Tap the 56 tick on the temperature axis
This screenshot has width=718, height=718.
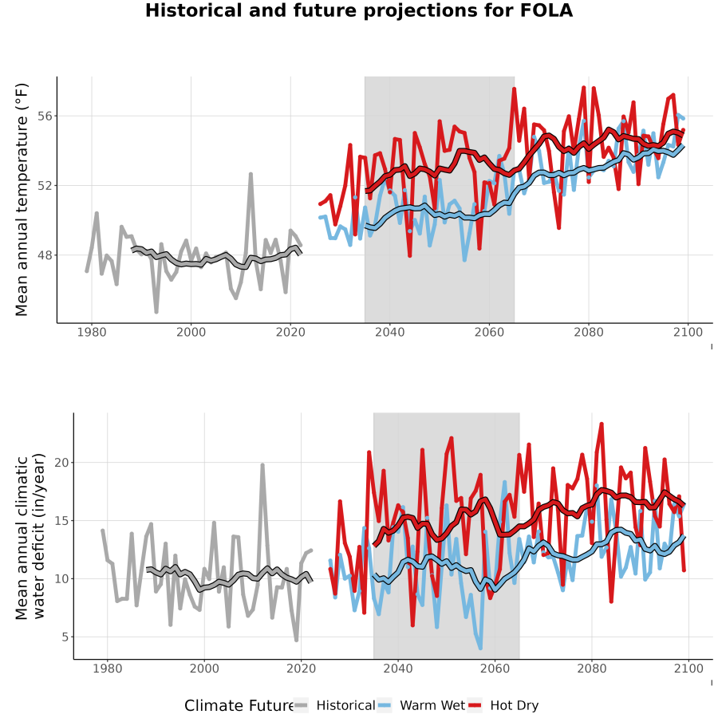click(45, 116)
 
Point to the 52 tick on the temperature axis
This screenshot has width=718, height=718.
click(45, 186)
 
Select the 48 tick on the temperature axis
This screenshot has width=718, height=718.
click(45, 255)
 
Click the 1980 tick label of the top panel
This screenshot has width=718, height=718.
click(92, 332)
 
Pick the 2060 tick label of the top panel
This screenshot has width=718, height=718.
click(489, 332)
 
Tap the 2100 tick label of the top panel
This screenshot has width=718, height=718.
click(688, 332)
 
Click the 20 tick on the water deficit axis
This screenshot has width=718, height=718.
click(61, 463)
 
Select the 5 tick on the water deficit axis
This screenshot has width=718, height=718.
click(65, 637)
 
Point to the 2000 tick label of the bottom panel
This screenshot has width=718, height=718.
click(204, 669)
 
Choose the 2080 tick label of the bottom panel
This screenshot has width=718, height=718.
click(592, 669)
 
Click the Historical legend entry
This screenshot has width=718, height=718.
click(334, 706)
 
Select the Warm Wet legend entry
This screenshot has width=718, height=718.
click(421, 706)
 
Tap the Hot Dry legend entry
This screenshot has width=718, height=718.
click(503, 706)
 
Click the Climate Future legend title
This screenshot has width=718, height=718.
click(239, 706)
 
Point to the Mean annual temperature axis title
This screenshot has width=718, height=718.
click(22, 199)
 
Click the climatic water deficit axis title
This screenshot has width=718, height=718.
click(30, 536)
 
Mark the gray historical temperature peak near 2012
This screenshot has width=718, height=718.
click(251, 174)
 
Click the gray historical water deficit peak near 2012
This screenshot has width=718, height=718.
click(262, 465)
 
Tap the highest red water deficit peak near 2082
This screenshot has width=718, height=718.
click(602, 424)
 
